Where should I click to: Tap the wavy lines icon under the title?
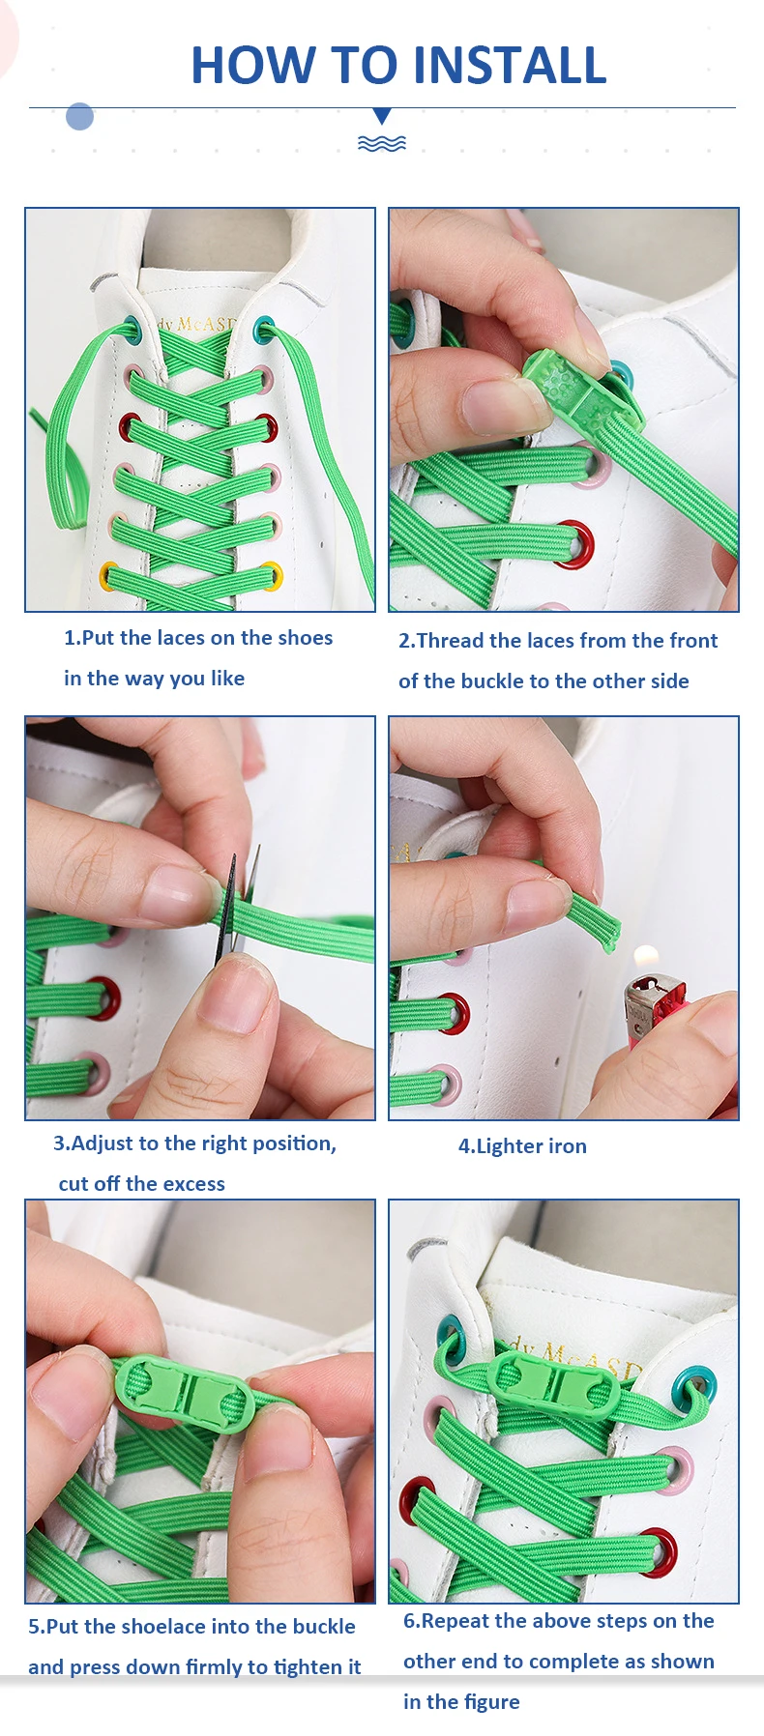[382, 143]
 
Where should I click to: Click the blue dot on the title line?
[79, 117]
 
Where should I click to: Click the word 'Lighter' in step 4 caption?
[496, 1146]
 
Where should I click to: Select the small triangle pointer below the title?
[382, 116]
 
